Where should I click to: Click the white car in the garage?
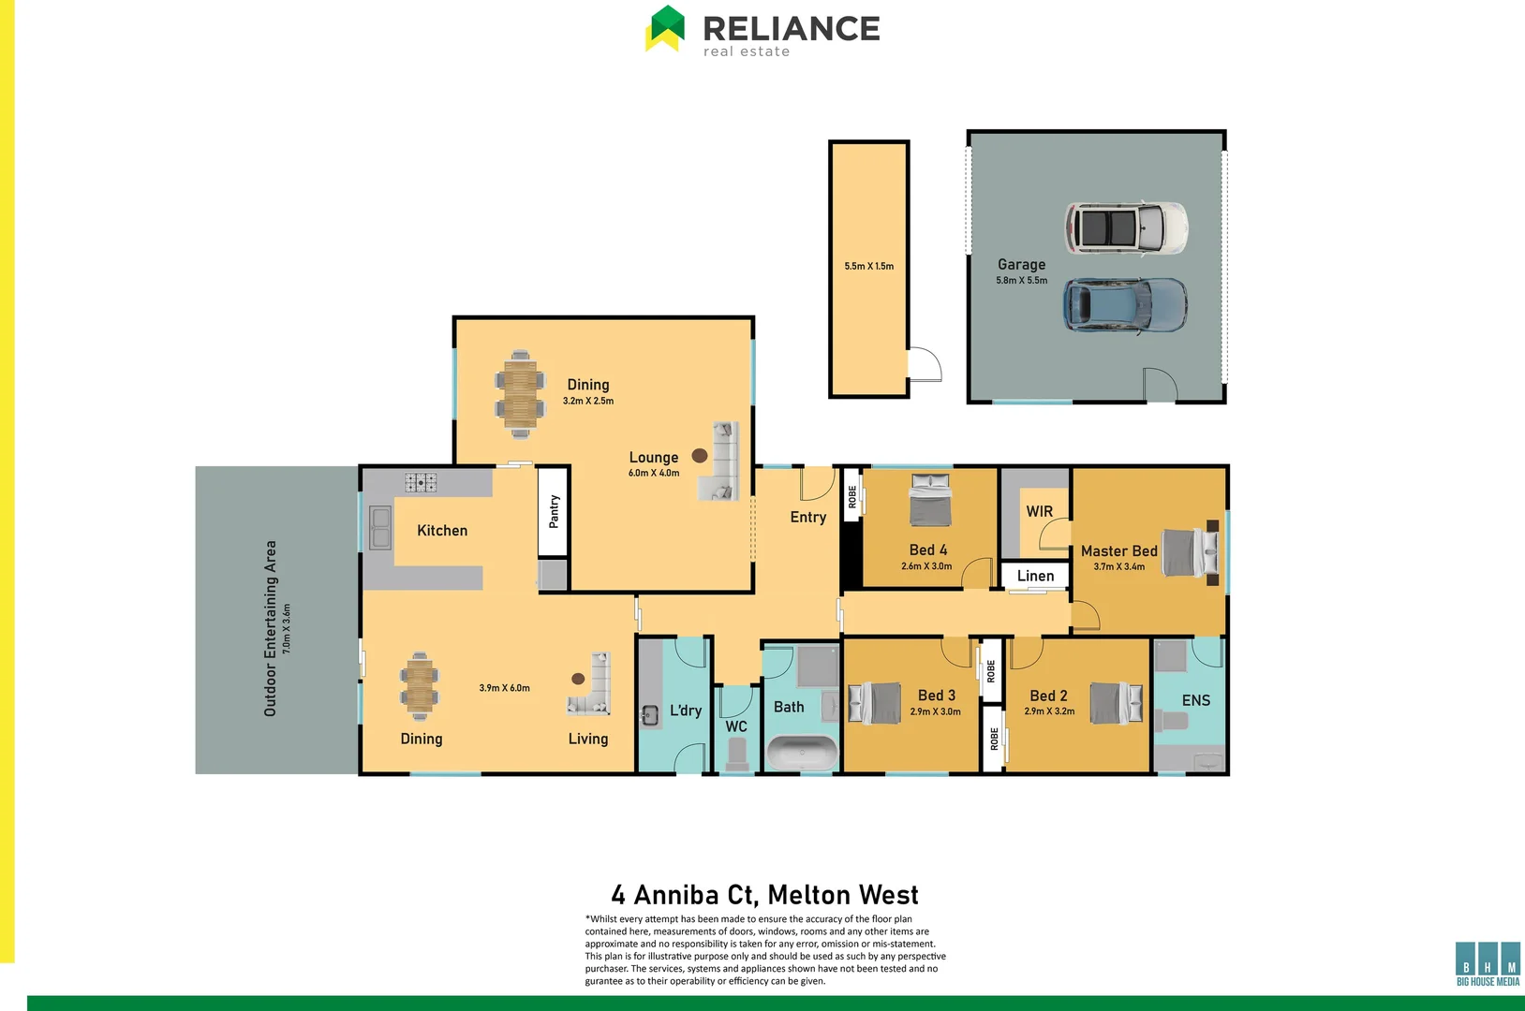point(1126,227)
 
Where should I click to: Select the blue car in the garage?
point(1125,305)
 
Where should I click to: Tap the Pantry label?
point(554,511)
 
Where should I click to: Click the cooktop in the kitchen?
point(421,482)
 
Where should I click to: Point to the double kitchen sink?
point(379,528)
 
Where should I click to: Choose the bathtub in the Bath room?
point(802,753)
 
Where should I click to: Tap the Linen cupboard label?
point(1035,576)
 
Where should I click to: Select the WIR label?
point(1039,511)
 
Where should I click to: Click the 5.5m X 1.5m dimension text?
point(868,266)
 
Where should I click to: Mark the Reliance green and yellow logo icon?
point(666,28)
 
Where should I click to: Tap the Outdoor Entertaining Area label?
point(271,628)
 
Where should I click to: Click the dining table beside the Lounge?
point(519,393)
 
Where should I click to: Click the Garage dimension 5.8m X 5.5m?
point(1021,280)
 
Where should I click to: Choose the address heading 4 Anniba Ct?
point(764,895)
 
